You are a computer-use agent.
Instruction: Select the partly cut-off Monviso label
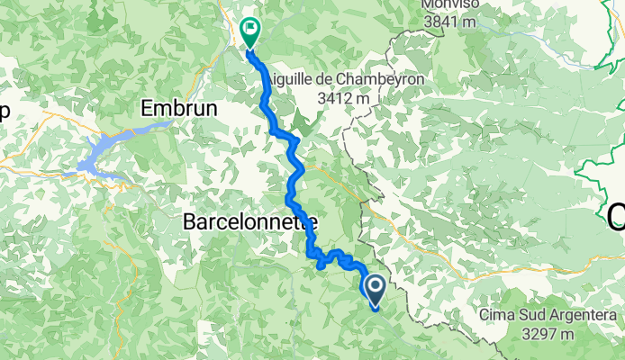[x=456, y=4]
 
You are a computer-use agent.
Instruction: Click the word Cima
[x=496, y=315]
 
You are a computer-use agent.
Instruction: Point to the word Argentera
[x=585, y=315]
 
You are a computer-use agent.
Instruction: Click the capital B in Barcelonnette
[x=190, y=220]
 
